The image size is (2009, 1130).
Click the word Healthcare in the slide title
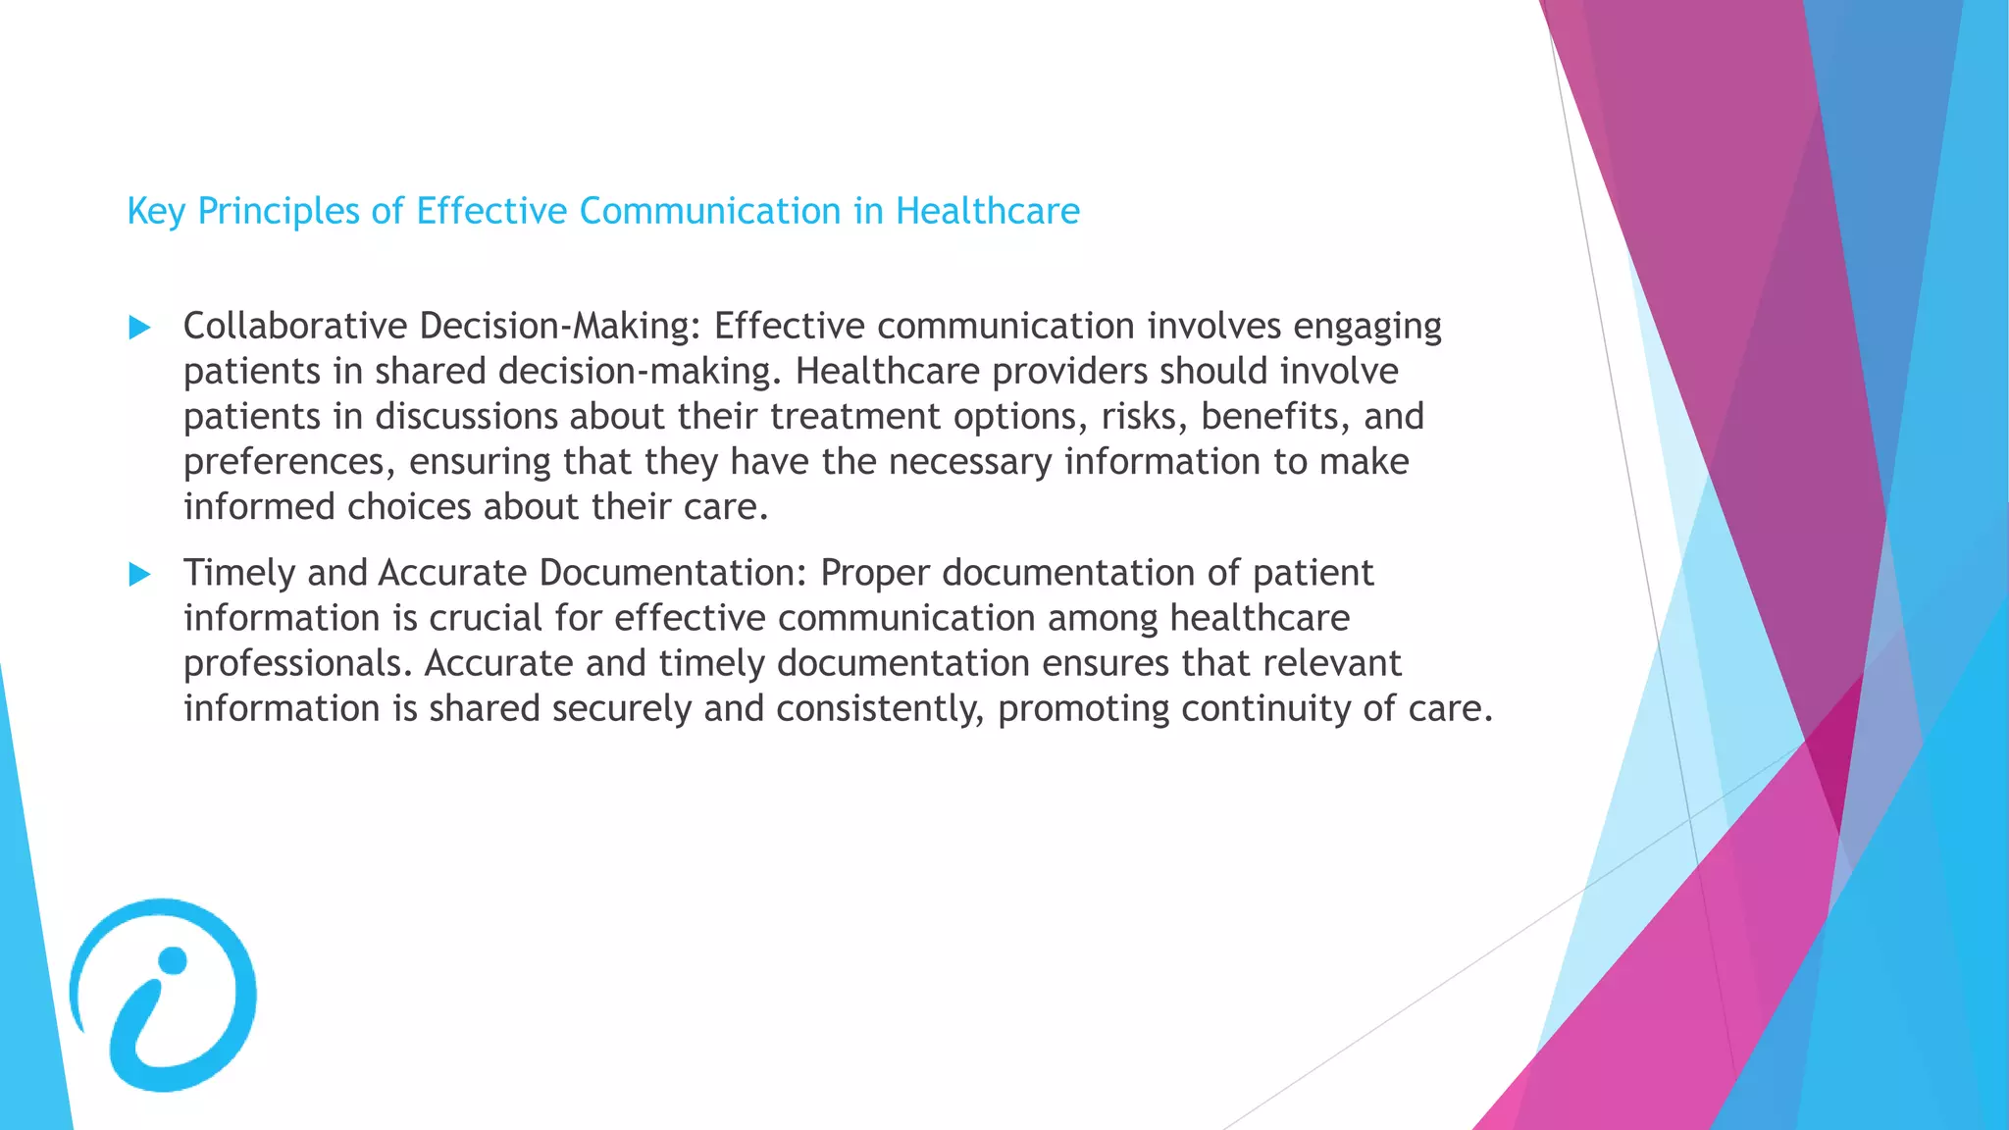[987, 211]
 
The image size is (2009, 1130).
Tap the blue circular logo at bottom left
[164, 995]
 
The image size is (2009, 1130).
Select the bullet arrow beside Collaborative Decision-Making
[140, 328]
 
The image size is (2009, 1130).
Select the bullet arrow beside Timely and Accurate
[140, 575]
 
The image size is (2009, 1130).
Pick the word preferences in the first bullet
[288, 462]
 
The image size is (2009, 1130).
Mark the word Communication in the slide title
[709, 211]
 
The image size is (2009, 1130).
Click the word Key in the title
[156, 212]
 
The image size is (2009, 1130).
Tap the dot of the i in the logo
[173, 960]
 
